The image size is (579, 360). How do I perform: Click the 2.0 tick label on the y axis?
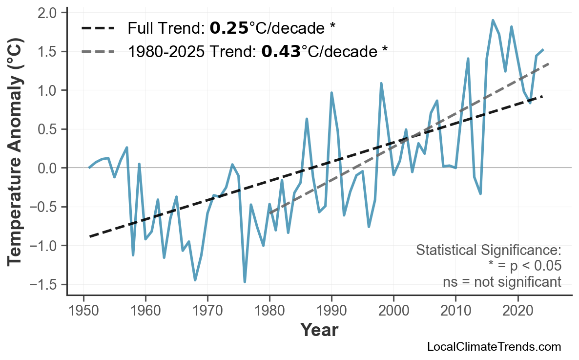[x=48, y=12]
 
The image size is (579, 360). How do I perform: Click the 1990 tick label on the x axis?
[x=331, y=311]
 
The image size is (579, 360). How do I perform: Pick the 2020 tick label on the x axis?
[x=517, y=311]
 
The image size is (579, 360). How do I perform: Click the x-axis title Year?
[x=319, y=330]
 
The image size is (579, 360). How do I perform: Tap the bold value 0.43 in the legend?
[x=281, y=51]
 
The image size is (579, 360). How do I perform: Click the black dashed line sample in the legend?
[x=98, y=28]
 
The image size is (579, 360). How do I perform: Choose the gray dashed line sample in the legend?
[x=98, y=51]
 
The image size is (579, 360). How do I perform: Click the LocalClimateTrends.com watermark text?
[x=494, y=347]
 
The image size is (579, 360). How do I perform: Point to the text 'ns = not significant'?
[x=502, y=282]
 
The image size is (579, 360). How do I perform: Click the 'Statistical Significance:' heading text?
[x=488, y=251]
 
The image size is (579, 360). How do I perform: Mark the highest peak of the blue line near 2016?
[x=493, y=20]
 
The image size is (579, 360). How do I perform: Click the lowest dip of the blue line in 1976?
[x=245, y=282]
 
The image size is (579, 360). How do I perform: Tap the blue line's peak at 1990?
[x=331, y=92]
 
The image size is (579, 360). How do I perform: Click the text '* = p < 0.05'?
[x=524, y=266]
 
